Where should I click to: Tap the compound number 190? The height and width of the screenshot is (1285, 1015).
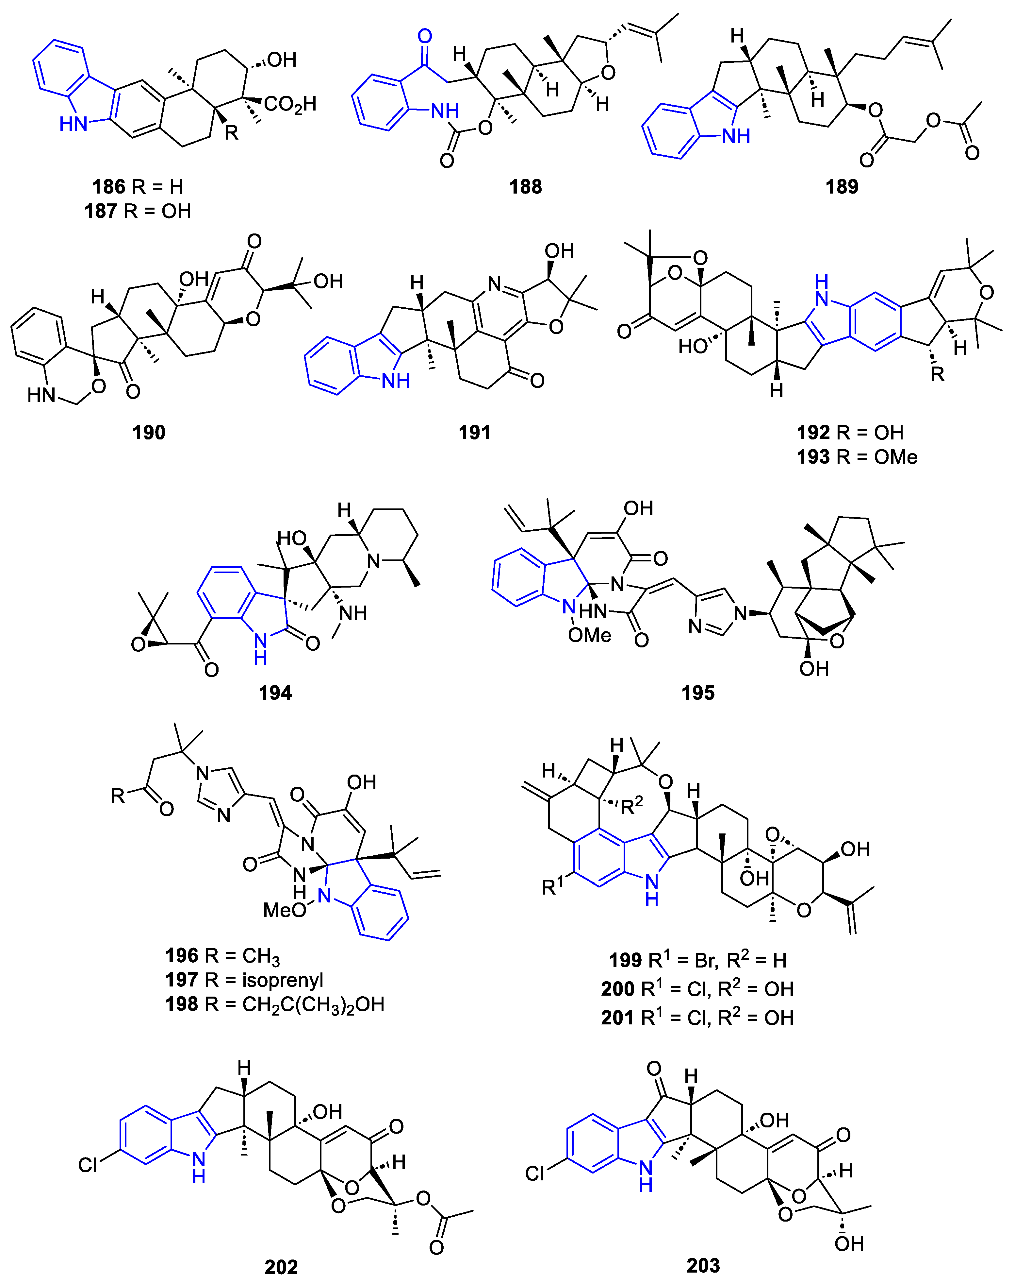coord(149,432)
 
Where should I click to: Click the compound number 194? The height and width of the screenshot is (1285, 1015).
coord(275,693)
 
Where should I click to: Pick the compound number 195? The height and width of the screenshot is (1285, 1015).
coord(698,693)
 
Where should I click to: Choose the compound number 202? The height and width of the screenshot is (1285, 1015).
coord(281,1267)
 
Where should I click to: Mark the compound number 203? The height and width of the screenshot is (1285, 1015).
coord(703,1265)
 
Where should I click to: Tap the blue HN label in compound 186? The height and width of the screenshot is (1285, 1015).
coord(73,124)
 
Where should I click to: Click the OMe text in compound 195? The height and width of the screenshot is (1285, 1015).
coord(590,636)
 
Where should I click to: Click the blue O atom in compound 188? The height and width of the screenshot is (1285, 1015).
coord(424,36)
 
